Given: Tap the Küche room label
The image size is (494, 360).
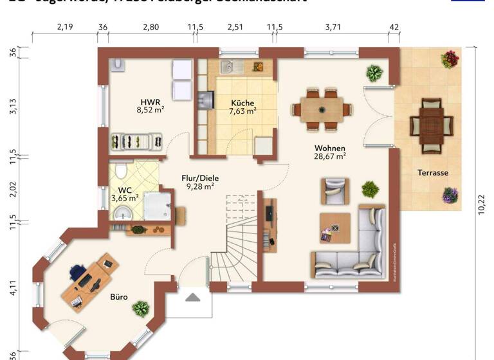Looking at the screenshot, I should tap(242, 103).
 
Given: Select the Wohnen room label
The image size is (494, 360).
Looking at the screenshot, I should tap(330, 148).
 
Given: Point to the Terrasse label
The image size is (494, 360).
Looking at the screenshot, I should tap(432, 173).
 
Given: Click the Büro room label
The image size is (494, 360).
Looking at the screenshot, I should tap(118, 297).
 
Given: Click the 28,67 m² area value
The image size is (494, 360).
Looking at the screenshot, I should tap(330, 156).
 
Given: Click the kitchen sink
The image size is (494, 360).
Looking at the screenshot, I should tap(230, 66).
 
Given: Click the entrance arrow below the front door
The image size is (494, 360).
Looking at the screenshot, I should tap(194, 297).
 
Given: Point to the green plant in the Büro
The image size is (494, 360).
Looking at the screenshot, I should tap(140, 310).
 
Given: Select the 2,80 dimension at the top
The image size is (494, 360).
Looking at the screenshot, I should tap(151, 27).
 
